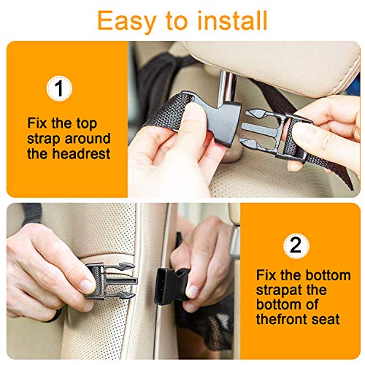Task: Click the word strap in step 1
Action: tap(45, 138)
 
